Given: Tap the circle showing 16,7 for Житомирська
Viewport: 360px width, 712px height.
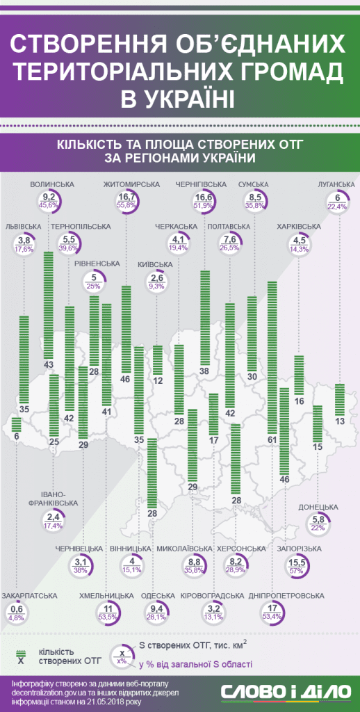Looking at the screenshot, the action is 125,200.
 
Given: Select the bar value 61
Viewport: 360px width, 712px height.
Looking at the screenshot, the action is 272,439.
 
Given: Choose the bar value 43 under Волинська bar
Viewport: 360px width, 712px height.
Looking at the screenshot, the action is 48,365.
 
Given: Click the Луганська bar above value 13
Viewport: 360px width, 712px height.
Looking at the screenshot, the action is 340,399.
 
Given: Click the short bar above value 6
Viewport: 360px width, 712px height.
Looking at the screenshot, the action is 17,424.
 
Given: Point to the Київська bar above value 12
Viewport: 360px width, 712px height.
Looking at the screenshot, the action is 158,359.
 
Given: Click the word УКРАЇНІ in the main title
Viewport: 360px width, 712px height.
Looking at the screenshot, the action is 177,99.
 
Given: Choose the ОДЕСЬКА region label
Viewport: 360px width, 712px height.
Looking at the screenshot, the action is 158,595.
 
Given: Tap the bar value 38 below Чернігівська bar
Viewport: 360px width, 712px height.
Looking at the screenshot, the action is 205,371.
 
